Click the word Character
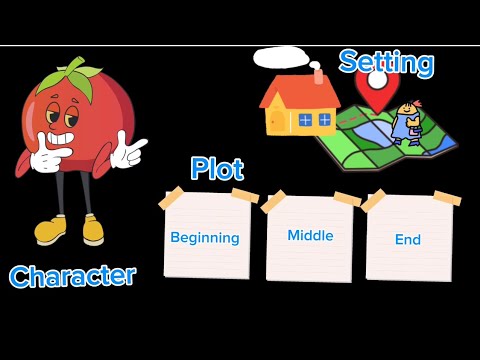(x=72, y=276)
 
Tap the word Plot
(x=217, y=168)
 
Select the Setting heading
(x=386, y=63)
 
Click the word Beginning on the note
(x=205, y=238)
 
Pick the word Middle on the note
(x=310, y=236)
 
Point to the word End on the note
(x=407, y=240)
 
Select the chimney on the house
(x=318, y=75)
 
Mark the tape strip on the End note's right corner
(x=447, y=198)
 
